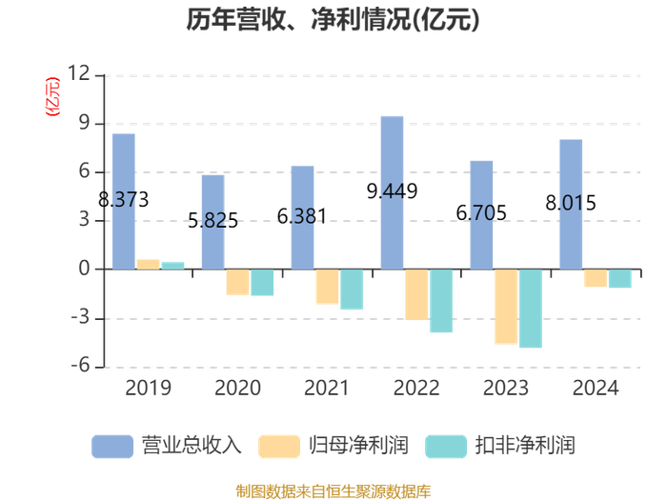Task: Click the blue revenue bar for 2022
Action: click(x=392, y=192)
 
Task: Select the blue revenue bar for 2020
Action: click(x=212, y=222)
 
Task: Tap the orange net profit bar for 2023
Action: click(x=506, y=307)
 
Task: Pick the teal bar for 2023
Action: click(x=531, y=309)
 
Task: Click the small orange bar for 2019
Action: click(x=148, y=264)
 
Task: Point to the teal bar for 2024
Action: click(x=619, y=278)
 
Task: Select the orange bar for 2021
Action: click(x=327, y=287)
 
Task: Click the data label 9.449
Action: click(x=392, y=191)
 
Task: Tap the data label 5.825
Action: click(x=212, y=221)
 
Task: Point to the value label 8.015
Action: click(x=571, y=203)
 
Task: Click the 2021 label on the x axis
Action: click(x=327, y=388)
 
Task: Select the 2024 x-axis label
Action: click(x=596, y=388)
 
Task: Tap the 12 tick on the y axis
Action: click(x=79, y=73)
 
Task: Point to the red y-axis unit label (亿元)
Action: click(x=52, y=96)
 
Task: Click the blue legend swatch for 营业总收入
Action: click(x=112, y=447)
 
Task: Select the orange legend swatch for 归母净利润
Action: click(x=279, y=447)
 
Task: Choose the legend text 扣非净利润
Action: click(x=525, y=446)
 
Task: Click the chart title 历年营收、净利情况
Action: click(x=333, y=20)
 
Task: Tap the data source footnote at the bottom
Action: click(x=333, y=491)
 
